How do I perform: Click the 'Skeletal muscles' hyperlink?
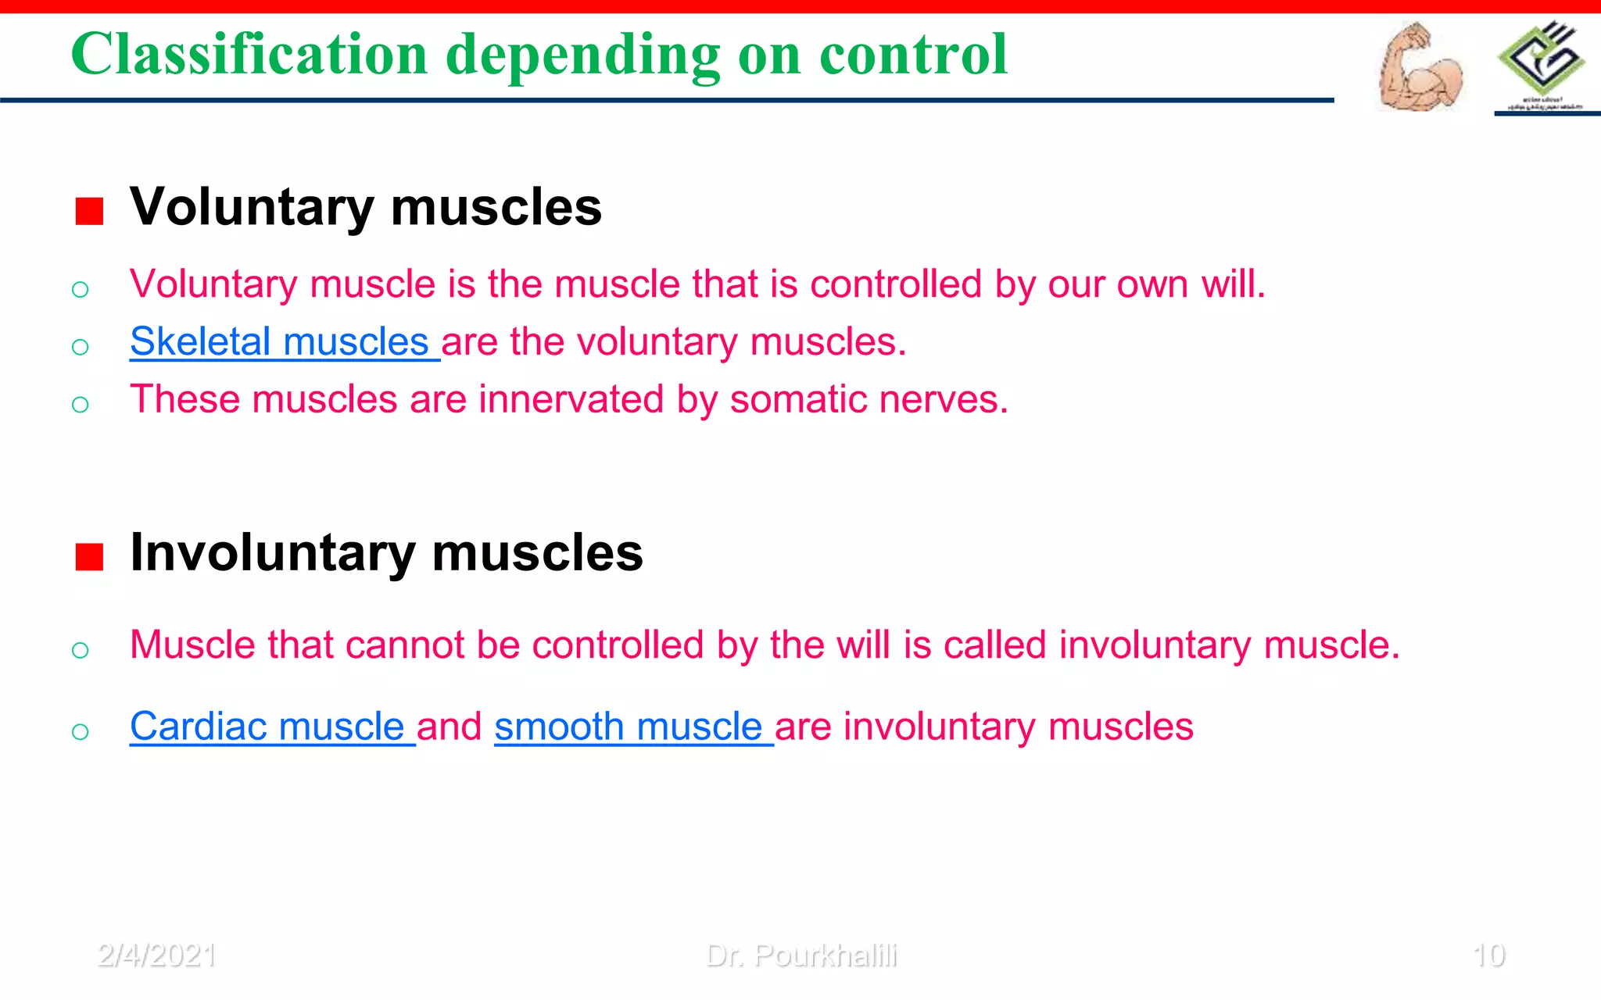280,342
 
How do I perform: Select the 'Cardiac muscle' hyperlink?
267,727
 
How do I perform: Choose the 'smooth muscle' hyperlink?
629,727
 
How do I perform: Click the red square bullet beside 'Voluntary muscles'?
89,211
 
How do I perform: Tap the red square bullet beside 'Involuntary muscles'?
89,557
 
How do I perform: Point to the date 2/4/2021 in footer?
156,955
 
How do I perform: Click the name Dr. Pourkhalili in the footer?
801,955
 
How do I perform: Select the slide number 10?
1488,955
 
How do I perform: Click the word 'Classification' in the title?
249,55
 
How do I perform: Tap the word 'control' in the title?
913,55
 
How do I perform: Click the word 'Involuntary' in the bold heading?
273,553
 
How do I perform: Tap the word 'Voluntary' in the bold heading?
253,208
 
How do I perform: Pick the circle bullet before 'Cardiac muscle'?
80,731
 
